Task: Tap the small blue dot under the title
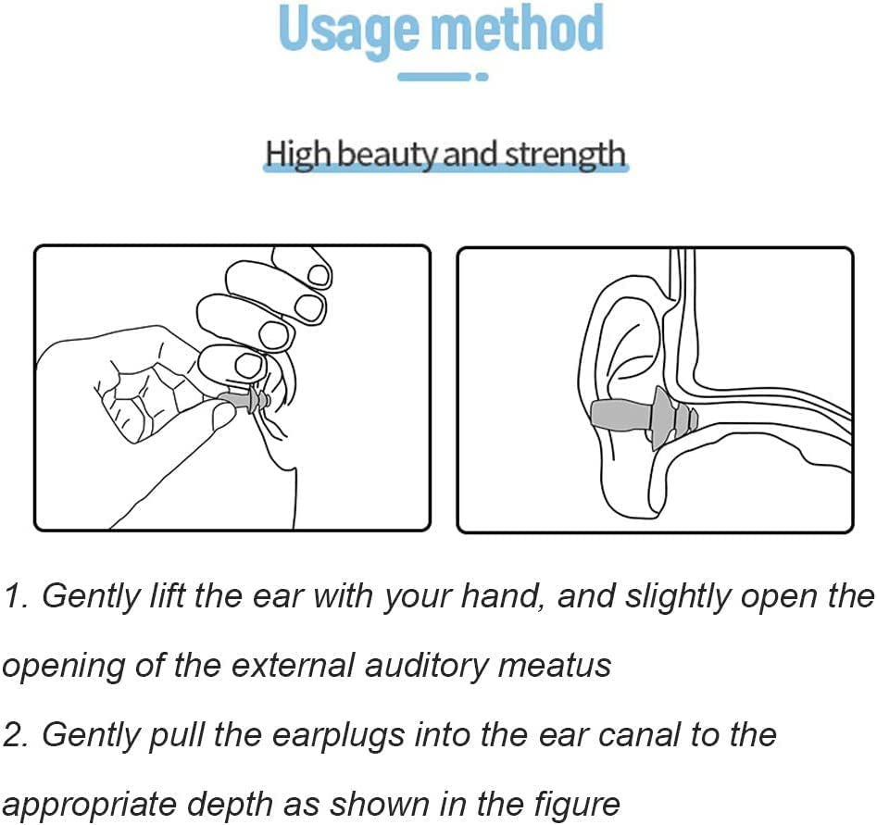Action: point(482,77)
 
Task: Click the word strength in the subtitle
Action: point(565,154)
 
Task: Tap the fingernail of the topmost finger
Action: point(319,275)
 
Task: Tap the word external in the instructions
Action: point(293,665)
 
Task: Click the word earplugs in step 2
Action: point(338,736)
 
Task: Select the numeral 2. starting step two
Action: point(17,735)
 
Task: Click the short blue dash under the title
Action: point(434,77)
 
